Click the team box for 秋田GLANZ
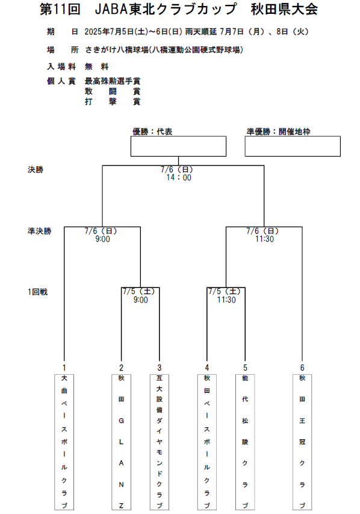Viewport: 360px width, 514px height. click(x=121, y=442)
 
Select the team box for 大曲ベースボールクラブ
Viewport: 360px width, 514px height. click(x=64, y=442)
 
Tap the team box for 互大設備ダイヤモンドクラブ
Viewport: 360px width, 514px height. click(x=159, y=442)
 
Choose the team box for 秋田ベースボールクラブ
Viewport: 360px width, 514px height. click(x=207, y=442)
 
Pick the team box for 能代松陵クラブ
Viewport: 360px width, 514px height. click(x=245, y=442)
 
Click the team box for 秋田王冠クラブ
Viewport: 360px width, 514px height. click(x=302, y=442)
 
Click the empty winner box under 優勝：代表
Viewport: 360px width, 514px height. click(x=179, y=146)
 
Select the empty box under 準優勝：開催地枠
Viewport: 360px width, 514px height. click(x=293, y=146)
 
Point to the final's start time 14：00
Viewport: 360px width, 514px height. click(x=179, y=178)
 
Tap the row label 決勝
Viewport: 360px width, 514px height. click(x=36, y=169)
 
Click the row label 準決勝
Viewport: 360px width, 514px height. click(x=40, y=231)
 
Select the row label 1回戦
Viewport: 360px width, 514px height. click(x=38, y=292)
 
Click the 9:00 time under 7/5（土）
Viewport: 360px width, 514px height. click(x=140, y=299)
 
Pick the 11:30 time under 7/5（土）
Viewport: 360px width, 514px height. click(x=226, y=299)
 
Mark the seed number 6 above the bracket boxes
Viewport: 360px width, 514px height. click(x=302, y=368)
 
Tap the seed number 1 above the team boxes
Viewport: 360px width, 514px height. click(x=64, y=368)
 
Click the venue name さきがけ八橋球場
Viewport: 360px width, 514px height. click(x=117, y=50)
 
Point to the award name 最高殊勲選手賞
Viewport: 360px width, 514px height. click(x=113, y=81)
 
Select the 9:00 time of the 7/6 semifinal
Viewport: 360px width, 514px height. click(x=102, y=239)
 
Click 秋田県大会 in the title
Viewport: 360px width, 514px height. click(x=284, y=9)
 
